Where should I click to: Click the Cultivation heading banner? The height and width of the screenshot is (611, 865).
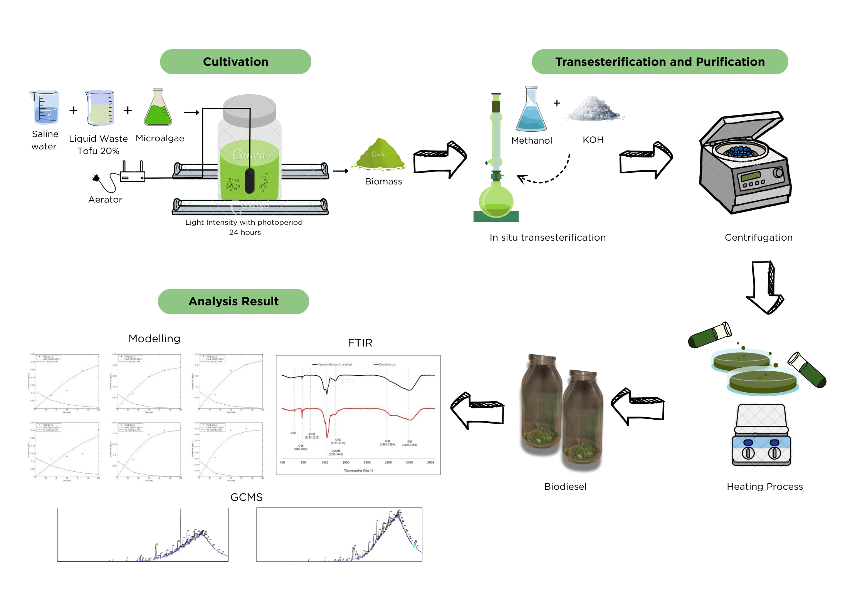click(x=235, y=62)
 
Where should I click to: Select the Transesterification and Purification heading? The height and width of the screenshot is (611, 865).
click(x=660, y=62)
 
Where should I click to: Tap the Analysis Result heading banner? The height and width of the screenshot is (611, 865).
click(x=233, y=301)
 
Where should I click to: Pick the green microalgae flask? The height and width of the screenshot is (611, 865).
click(x=158, y=109)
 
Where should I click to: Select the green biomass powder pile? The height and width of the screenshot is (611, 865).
click(x=380, y=155)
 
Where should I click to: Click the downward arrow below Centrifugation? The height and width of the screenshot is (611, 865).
click(x=764, y=287)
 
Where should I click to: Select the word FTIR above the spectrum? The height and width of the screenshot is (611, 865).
click(x=360, y=343)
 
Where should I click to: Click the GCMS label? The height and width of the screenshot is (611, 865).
click(x=246, y=497)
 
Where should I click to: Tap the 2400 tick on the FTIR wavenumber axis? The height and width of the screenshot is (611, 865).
click(x=367, y=462)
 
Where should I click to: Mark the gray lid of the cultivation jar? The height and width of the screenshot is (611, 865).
click(x=249, y=110)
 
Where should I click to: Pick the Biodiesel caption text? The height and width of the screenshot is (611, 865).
click(x=565, y=486)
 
